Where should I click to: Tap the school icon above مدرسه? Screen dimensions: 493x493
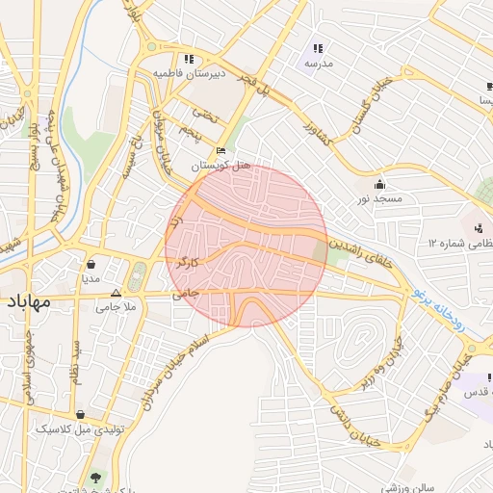click(x=318, y=48)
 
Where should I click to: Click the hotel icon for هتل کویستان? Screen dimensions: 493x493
click(x=221, y=151)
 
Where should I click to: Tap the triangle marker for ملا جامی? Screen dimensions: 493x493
click(x=117, y=293)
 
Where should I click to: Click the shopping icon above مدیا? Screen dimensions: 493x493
click(x=91, y=264)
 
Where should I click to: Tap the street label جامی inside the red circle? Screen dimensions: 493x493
click(x=185, y=290)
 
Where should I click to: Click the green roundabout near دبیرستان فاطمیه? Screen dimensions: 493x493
click(x=150, y=45)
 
